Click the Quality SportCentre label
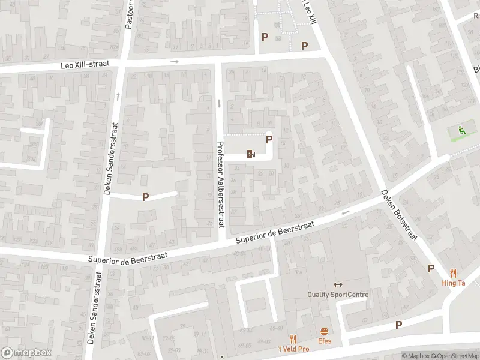pos(338,295)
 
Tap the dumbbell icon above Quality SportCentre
pos(337,284)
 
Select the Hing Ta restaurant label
pos(453,283)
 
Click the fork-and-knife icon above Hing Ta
pos(453,273)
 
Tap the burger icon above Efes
pos(325,331)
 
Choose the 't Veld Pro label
pos(293,349)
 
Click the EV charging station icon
pos(251,154)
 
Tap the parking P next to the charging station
pos(269,139)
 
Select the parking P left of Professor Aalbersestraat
pos(145,197)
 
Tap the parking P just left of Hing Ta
pos(430,269)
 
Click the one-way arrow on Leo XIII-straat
pos(175,61)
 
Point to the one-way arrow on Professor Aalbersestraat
pos(219,103)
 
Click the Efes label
pos(325,341)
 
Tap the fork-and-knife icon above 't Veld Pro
pos(293,339)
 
